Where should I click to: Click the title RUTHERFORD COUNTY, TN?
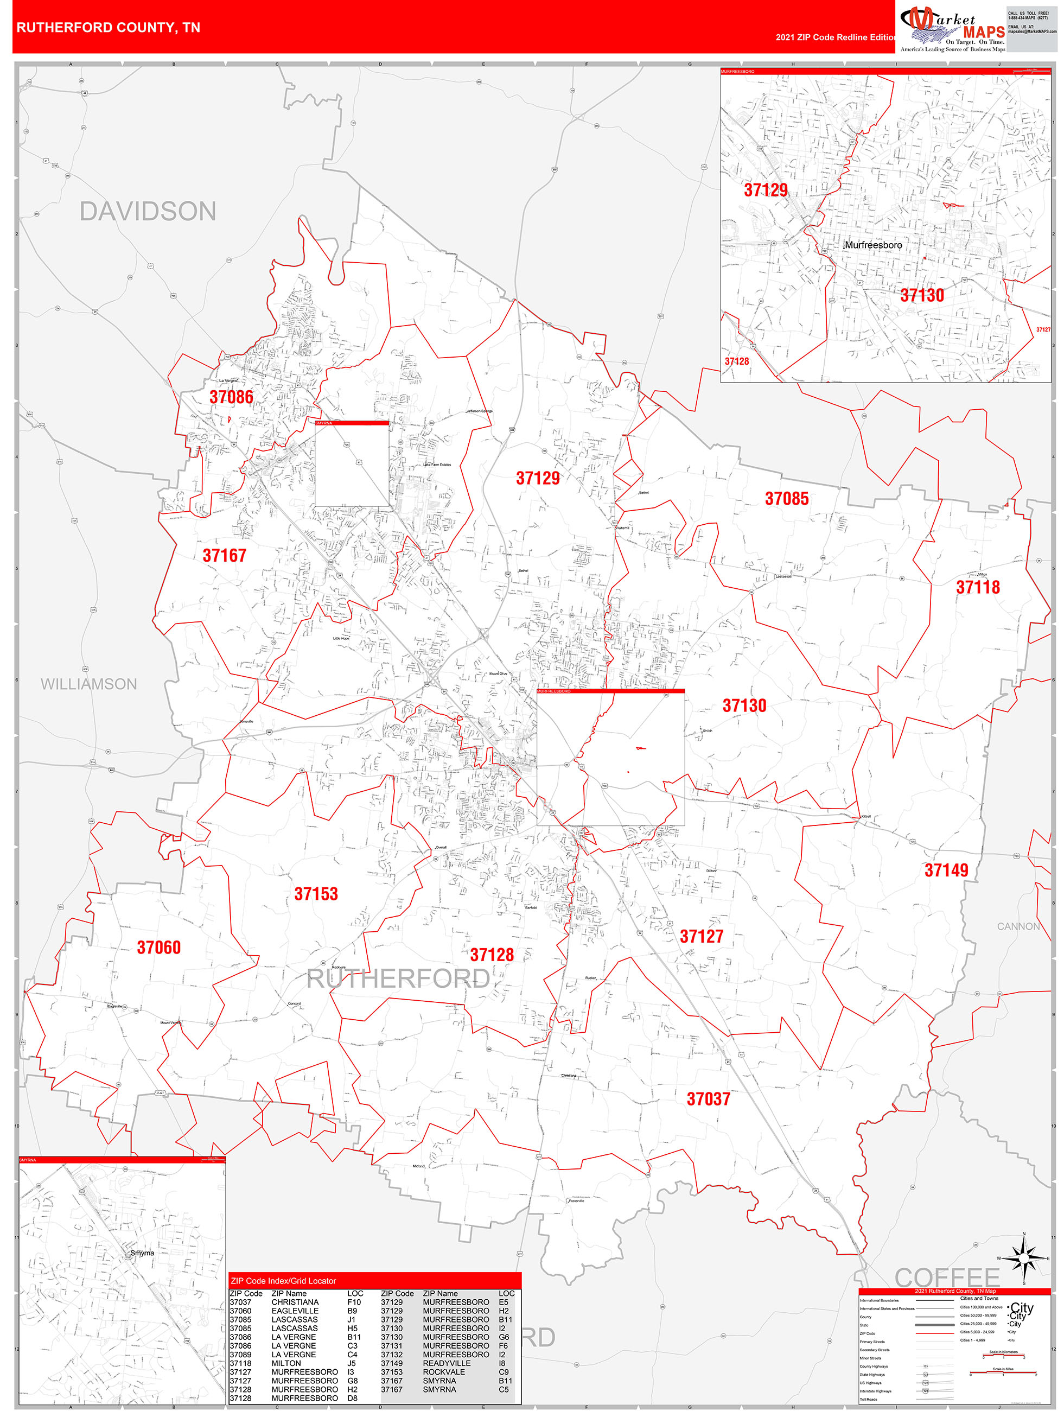(x=109, y=28)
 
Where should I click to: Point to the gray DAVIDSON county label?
(x=148, y=212)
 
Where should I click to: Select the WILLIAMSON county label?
(x=88, y=684)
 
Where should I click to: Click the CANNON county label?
(x=1018, y=926)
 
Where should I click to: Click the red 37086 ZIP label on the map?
(x=232, y=397)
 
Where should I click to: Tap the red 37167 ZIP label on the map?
(x=225, y=556)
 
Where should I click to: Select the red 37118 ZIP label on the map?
(x=978, y=588)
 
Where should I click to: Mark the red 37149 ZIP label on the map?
(x=946, y=870)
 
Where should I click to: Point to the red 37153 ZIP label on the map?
(x=316, y=894)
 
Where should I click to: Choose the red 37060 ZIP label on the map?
(x=159, y=947)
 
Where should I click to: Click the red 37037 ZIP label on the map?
(x=708, y=1099)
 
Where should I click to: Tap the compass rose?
(x=1024, y=1259)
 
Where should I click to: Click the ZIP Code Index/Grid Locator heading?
(x=283, y=1281)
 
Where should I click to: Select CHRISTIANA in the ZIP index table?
(x=295, y=1302)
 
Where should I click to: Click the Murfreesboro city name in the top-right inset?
(x=873, y=245)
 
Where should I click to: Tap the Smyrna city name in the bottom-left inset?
(x=142, y=1253)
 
